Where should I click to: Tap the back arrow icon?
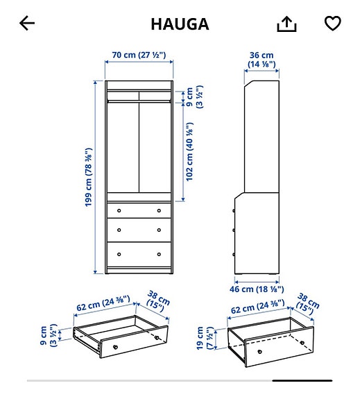tap(27, 24)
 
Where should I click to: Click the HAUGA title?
tap(180, 24)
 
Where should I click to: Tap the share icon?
tap(286, 24)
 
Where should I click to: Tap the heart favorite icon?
tap(333, 24)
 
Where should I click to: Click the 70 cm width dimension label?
tap(139, 55)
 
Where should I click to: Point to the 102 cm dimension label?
tap(189, 151)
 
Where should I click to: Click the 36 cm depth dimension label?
tap(262, 60)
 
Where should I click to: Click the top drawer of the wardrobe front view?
tap(139, 210)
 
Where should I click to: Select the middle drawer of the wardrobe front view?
tap(139, 230)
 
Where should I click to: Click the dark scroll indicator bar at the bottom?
tap(302, 380)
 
